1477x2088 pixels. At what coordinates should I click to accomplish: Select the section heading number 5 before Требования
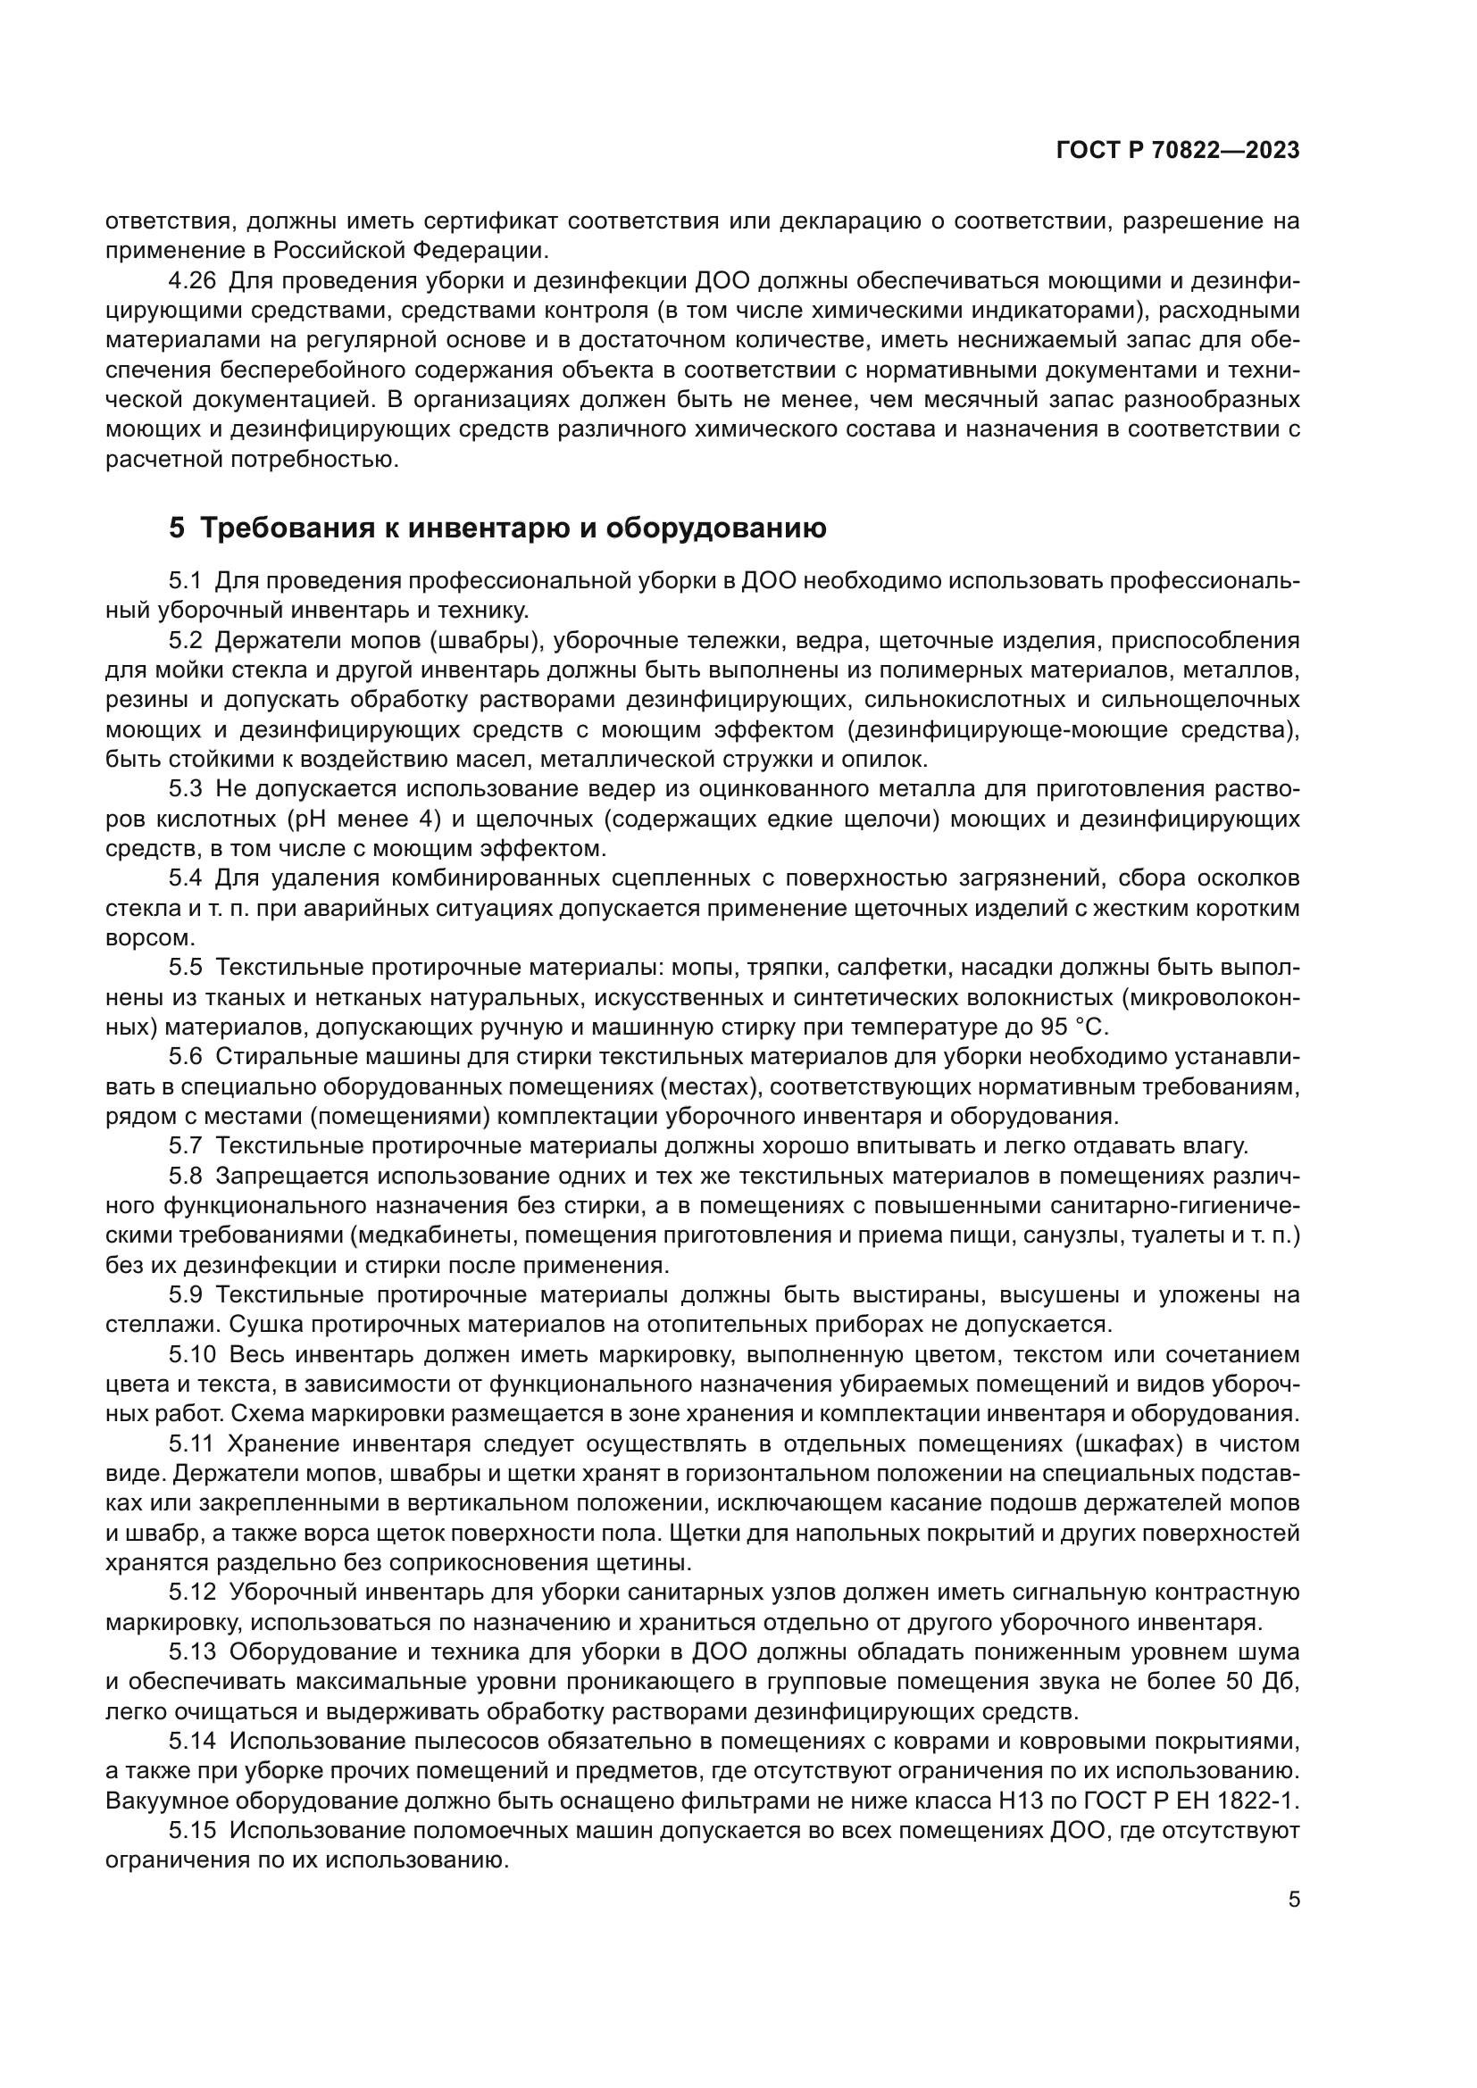177,528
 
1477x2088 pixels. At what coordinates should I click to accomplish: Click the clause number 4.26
193,281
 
